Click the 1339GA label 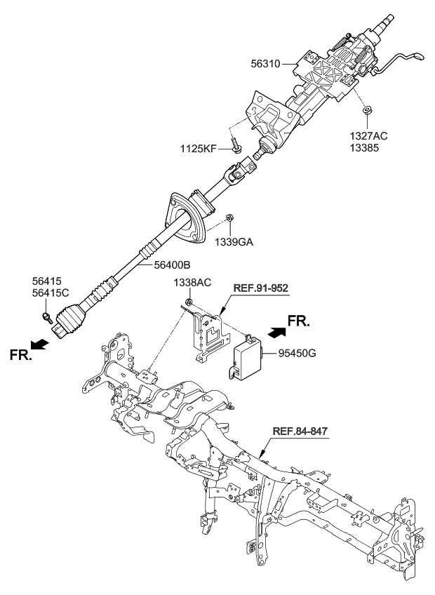[233, 242]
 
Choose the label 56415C [52, 293]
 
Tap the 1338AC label [192, 282]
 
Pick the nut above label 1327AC [367, 112]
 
